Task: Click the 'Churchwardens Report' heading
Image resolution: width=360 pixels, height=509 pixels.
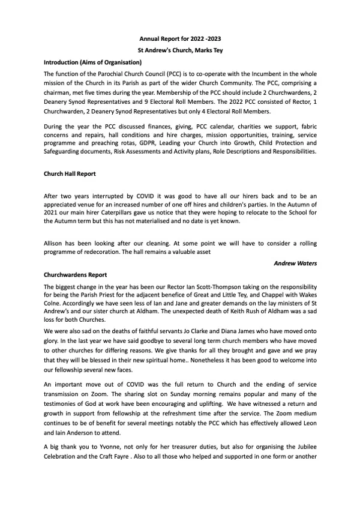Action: coord(72,274)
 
